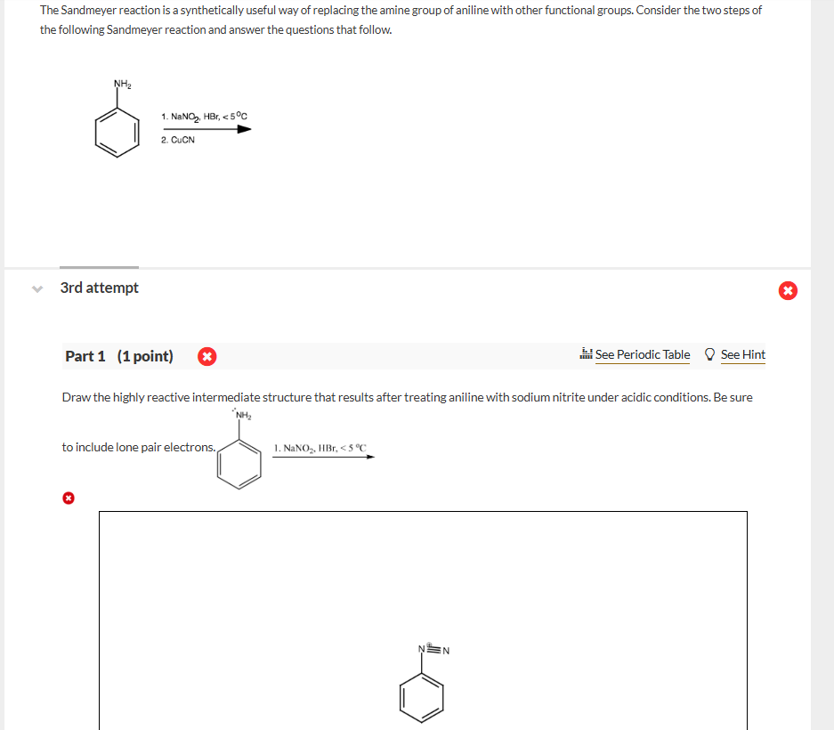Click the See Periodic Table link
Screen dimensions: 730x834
[642, 354]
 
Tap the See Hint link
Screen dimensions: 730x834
[742, 354]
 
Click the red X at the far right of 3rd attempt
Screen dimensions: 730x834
[788, 290]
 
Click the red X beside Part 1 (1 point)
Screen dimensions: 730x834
[206, 356]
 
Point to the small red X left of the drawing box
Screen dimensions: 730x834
[68, 499]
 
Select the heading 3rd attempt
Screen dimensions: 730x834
[100, 288]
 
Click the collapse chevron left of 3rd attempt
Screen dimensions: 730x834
[36, 288]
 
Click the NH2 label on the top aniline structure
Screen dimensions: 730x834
[122, 85]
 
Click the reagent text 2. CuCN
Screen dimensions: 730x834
[178, 140]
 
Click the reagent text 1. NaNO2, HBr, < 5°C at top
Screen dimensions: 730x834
[205, 116]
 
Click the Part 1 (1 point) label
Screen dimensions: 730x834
[119, 356]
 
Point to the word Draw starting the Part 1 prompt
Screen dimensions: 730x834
[77, 397]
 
